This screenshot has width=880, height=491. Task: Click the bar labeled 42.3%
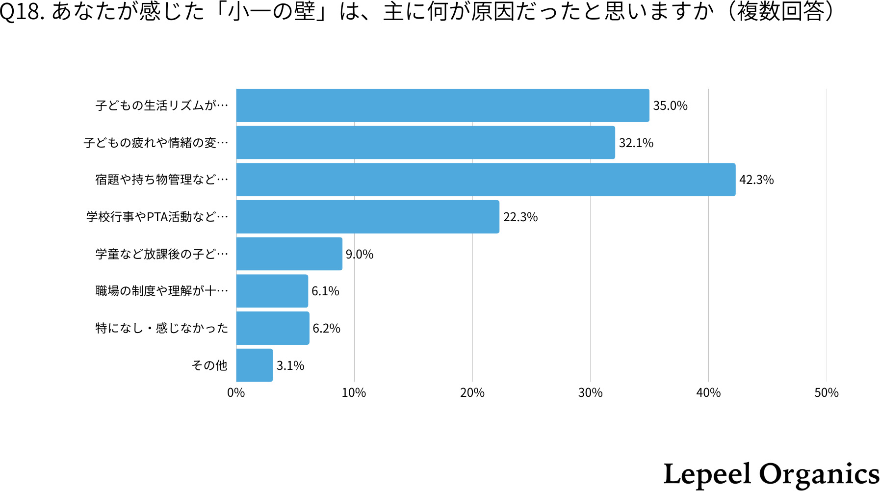(486, 180)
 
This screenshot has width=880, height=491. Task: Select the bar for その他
(254, 365)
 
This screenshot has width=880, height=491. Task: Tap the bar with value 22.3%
(367, 217)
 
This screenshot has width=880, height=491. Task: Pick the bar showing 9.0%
(289, 254)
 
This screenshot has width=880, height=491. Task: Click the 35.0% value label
(670, 106)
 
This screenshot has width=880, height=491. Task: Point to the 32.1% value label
(636, 143)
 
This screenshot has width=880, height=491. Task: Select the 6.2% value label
(326, 329)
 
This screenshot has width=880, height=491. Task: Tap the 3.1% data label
(290, 366)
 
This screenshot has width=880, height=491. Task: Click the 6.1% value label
(325, 291)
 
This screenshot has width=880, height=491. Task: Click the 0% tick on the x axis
(236, 393)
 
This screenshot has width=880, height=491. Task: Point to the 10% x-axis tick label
(354, 393)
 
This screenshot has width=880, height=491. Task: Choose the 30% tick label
(590, 393)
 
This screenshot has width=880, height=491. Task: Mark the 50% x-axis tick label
(826, 393)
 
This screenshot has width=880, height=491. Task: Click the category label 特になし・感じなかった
(162, 328)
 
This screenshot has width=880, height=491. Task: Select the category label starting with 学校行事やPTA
(157, 217)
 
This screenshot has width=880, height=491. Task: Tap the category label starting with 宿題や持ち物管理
(162, 180)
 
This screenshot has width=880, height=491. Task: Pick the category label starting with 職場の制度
(162, 291)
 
